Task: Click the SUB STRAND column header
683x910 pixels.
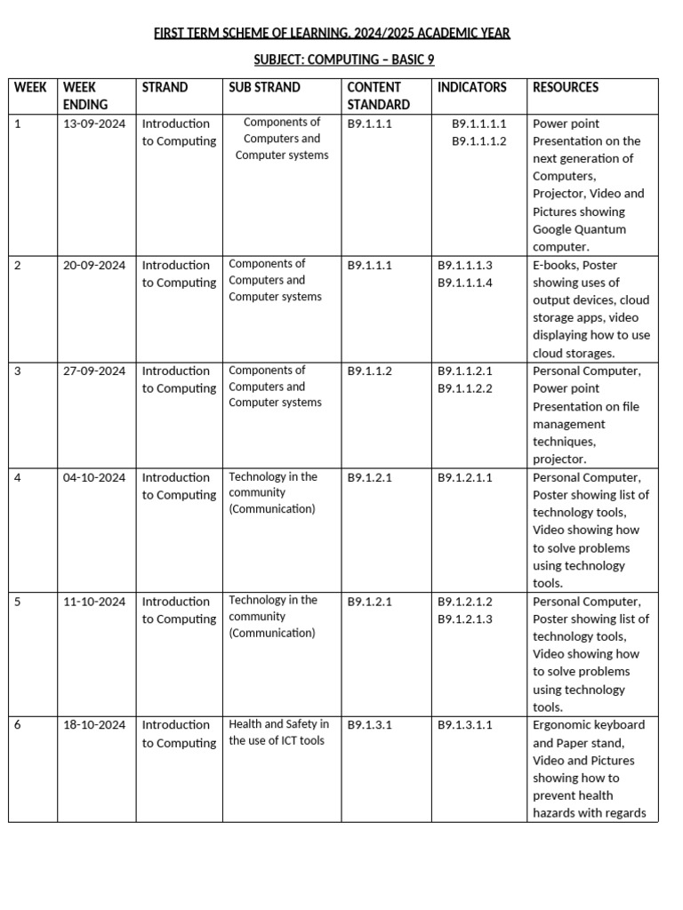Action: [264, 87]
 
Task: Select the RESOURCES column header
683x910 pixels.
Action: [565, 87]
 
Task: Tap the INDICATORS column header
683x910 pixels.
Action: [471, 87]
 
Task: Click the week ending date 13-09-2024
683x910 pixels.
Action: [94, 124]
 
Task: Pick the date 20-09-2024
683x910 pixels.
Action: [94, 265]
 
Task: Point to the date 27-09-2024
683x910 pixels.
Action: [94, 371]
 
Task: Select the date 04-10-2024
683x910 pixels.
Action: [94, 477]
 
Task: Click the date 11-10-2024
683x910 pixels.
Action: [94, 602]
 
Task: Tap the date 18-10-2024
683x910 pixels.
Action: [94, 725]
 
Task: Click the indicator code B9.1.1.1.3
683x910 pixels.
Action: [464, 265]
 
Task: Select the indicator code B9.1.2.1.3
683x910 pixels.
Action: [464, 619]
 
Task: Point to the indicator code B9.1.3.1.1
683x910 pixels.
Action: [464, 725]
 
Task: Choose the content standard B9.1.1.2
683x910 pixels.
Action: [369, 371]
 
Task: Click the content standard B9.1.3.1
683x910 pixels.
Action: [369, 725]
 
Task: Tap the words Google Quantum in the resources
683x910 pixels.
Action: [579, 229]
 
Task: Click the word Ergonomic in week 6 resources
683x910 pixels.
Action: [563, 725]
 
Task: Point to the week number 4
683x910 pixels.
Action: [18, 477]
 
